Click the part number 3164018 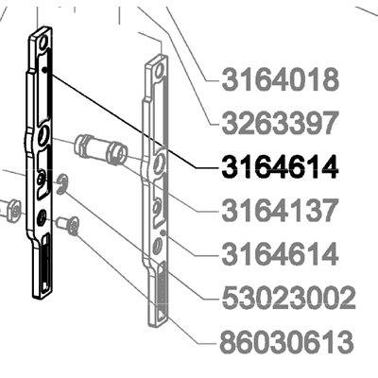[281, 80]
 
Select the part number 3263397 [281, 123]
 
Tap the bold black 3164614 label [281, 167]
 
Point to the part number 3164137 [280, 211]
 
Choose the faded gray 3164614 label [281, 254]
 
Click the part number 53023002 [289, 298]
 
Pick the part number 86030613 [285, 343]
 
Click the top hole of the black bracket [43, 42]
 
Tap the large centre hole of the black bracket [43, 136]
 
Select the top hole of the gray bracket [159, 69]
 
